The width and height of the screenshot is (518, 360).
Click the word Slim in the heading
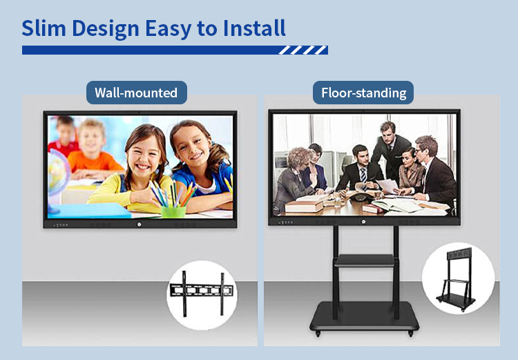[44, 28]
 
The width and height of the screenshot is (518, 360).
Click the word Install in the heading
[254, 28]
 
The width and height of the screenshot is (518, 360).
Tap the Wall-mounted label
[137, 93]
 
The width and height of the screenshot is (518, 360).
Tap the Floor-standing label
[363, 93]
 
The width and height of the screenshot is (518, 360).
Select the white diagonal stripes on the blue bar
[303, 50]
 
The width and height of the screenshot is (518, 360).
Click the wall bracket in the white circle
[202, 292]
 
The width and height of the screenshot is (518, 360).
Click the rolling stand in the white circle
[457, 279]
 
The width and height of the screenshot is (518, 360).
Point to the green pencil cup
[173, 211]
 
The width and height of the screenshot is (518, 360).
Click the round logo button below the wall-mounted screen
[139, 225]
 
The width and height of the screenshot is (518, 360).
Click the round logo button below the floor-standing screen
[363, 222]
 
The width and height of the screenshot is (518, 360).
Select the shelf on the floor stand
[365, 260]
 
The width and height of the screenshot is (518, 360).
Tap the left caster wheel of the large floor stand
[318, 333]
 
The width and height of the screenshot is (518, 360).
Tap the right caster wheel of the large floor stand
[411, 333]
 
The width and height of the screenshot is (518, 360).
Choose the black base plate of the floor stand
[365, 316]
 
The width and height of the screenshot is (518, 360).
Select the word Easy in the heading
[168, 29]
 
